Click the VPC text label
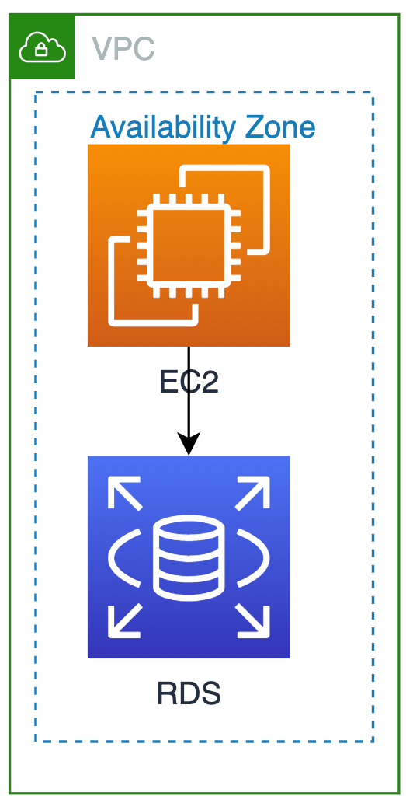pos(123,49)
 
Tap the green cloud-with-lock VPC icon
pos(42,47)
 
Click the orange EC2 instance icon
pos(189,246)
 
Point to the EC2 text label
pos(189,382)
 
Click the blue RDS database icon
pos(189,557)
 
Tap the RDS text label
pos(189,694)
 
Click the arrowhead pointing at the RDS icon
pos(189,443)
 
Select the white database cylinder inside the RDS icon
pos(189,557)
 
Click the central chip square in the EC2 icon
pos(189,246)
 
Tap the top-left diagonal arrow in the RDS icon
pos(124,493)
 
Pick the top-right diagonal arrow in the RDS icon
pos(253,493)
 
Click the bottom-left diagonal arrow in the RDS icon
pos(124,620)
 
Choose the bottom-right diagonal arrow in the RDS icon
pos(253,620)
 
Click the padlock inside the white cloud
pos(41,49)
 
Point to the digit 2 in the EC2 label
pos(210,382)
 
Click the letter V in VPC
pos(102,49)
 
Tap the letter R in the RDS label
pos(167,694)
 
